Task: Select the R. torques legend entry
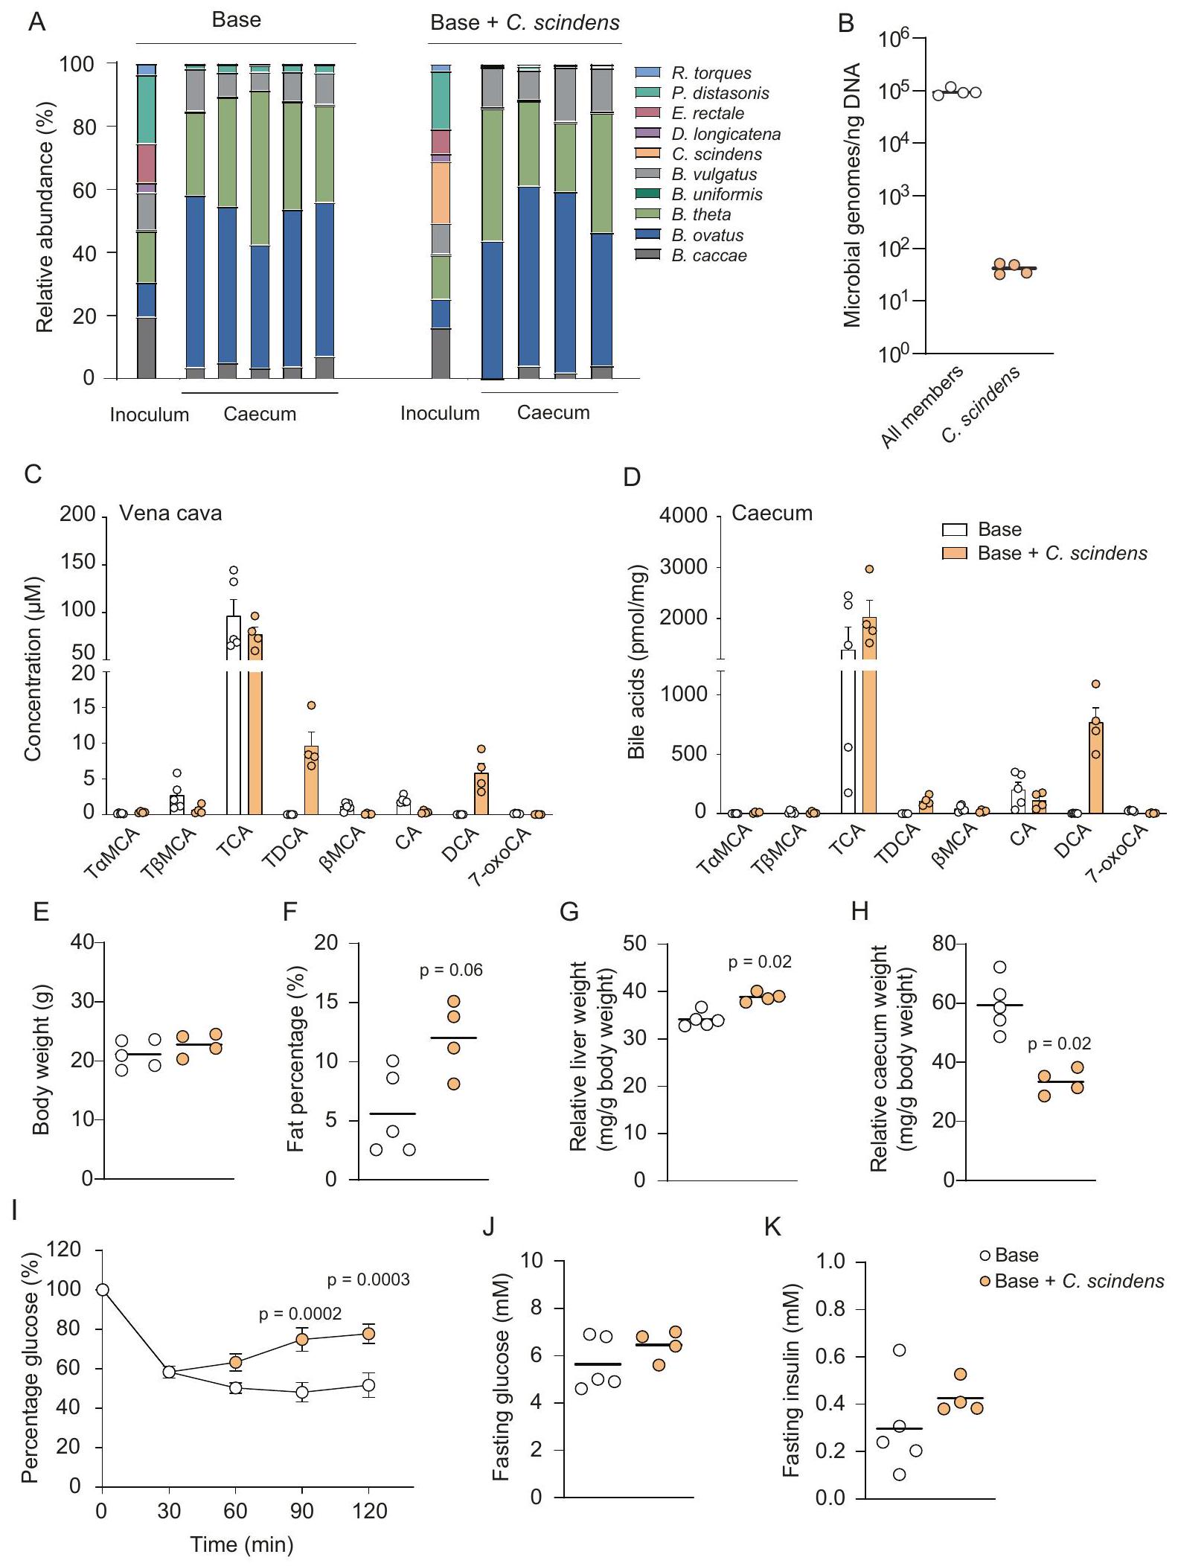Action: [x=711, y=73]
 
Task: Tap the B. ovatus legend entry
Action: [x=707, y=235]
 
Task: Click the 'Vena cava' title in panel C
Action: [x=170, y=514]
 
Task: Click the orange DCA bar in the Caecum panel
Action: [x=1095, y=767]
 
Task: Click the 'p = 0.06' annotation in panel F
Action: [x=451, y=970]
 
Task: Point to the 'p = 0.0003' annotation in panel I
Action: [x=368, y=1280]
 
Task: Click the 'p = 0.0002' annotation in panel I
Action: [x=300, y=1314]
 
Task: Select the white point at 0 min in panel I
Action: [x=103, y=1290]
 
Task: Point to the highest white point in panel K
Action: [x=899, y=1350]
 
